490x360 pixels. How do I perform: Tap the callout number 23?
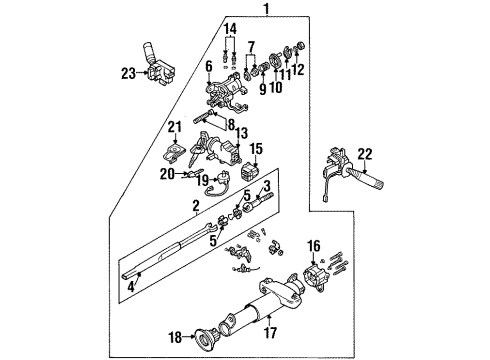129,72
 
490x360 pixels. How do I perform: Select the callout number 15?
255,149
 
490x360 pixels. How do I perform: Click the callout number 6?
208,67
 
